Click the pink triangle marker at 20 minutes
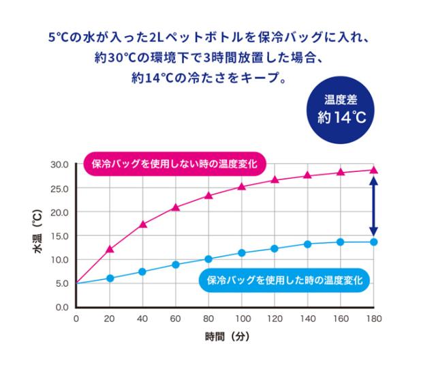click(x=110, y=249)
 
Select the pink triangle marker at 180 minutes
click(x=374, y=171)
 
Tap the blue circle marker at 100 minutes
click(x=242, y=253)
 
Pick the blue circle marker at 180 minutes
click(x=374, y=242)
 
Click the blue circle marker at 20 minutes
click(x=110, y=278)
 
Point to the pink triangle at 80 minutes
click(x=209, y=196)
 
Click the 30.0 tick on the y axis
click(x=60, y=165)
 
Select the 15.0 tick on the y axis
click(x=60, y=236)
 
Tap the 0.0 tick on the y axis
click(x=62, y=307)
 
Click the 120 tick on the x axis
click(x=275, y=319)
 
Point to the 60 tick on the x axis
click(x=176, y=319)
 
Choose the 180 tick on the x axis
click(x=374, y=319)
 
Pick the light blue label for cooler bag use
click(x=283, y=280)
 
